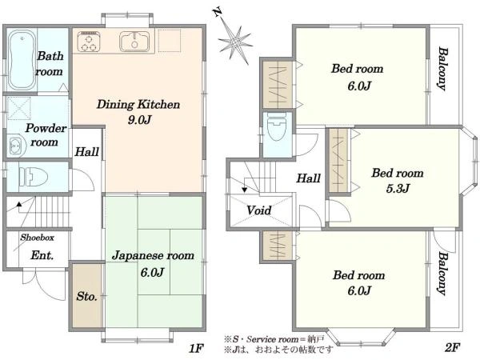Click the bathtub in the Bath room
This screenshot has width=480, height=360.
[x=21, y=60]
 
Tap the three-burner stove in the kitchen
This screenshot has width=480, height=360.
[x=89, y=42]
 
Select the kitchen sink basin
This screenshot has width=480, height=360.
[x=134, y=42]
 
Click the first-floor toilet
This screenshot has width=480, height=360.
[x=33, y=178]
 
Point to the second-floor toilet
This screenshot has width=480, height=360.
[x=277, y=126]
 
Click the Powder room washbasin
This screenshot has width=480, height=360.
[x=15, y=146]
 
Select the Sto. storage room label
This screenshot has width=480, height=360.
[x=87, y=296]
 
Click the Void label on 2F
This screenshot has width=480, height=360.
[x=259, y=210]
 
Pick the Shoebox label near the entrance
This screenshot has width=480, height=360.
[x=38, y=238]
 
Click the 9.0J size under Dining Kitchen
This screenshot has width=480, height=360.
[x=139, y=120]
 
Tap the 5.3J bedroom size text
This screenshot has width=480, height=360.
[x=398, y=188]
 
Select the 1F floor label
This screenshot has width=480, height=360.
[x=196, y=348]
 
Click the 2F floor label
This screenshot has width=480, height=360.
[x=453, y=347]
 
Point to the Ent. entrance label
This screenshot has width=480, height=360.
[x=42, y=255]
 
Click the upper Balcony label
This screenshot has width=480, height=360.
[x=442, y=69]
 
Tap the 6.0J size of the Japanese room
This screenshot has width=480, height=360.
[x=153, y=272]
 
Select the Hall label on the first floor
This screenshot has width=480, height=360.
[x=87, y=151]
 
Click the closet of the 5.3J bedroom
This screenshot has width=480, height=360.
[x=339, y=161]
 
